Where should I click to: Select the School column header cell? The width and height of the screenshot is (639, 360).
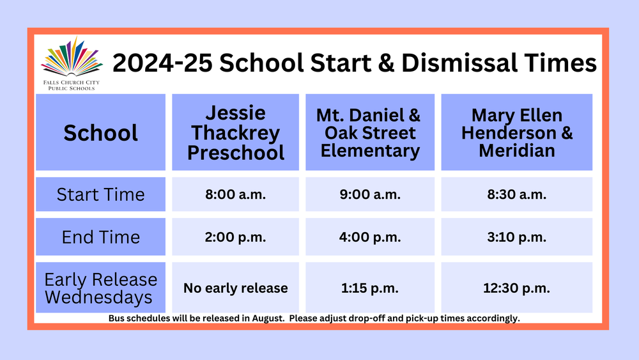101,133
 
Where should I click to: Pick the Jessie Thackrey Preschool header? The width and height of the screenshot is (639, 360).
236,133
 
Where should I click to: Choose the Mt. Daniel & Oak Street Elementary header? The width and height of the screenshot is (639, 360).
370,133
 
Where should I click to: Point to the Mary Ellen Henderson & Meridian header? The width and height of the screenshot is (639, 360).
517,133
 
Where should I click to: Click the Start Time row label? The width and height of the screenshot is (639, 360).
101,194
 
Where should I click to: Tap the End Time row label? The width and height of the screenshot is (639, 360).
101,237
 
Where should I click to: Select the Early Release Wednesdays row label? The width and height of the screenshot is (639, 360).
101,288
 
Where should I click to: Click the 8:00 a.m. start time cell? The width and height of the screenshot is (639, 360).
236,194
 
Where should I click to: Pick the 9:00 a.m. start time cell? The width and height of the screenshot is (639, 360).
370,194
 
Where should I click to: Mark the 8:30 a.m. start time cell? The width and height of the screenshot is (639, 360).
517,194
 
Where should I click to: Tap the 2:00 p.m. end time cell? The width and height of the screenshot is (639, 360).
236,237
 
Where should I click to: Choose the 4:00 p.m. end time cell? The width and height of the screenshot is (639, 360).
370,237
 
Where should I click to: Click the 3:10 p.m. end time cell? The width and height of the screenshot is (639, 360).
517,237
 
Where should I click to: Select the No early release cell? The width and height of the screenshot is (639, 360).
236,288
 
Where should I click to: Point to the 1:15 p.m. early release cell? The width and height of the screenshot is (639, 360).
370,288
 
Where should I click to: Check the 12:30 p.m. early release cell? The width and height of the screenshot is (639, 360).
517,288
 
